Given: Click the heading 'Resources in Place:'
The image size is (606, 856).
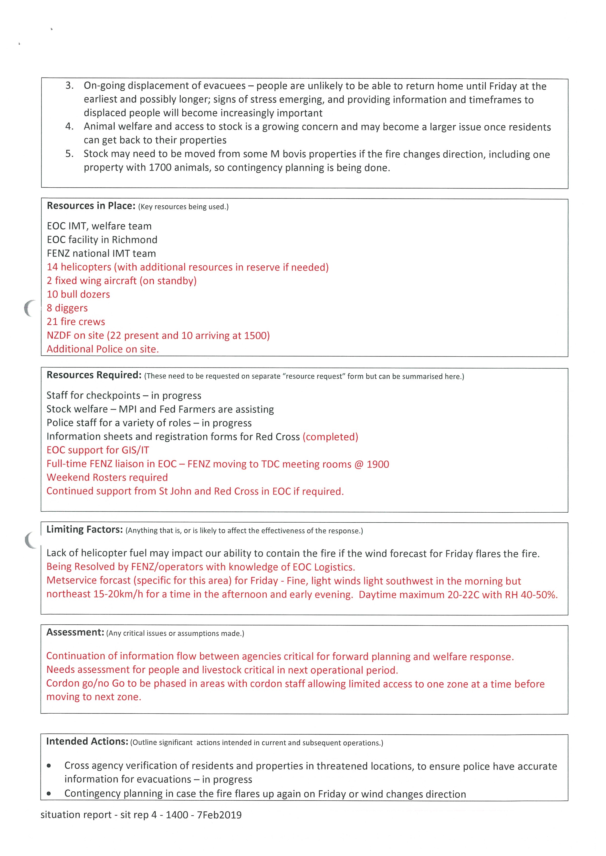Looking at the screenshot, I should pyautogui.click(x=91, y=206).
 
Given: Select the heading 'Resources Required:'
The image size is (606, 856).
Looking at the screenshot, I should pyautogui.click(x=94, y=375).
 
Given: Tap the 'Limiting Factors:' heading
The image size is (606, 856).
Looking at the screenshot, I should pyautogui.click(x=84, y=529).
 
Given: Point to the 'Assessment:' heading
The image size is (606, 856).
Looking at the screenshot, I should pyautogui.click(x=75, y=632).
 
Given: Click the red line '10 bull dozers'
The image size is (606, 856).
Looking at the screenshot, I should pyautogui.click(x=78, y=295).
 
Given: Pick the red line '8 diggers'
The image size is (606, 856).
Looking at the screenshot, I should pyautogui.click(x=67, y=308).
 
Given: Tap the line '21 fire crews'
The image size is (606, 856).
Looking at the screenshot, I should pyautogui.click(x=76, y=322).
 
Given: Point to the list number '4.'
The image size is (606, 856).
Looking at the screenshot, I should pyautogui.click(x=69, y=126).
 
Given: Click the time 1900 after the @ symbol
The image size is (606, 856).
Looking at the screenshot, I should pyautogui.click(x=378, y=464).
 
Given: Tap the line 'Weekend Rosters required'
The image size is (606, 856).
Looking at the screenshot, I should pyautogui.click(x=107, y=478).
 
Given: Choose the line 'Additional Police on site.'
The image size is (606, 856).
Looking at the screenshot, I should pyautogui.click(x=103, y=349).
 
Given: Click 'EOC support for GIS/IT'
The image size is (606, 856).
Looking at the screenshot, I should pyautogui.click(x=98, y=450).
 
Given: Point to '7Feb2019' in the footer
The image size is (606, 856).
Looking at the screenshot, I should pyautogui.click(x=219, y=815).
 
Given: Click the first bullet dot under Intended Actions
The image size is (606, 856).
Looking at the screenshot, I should pyautogui.click(x=49, y=766).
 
